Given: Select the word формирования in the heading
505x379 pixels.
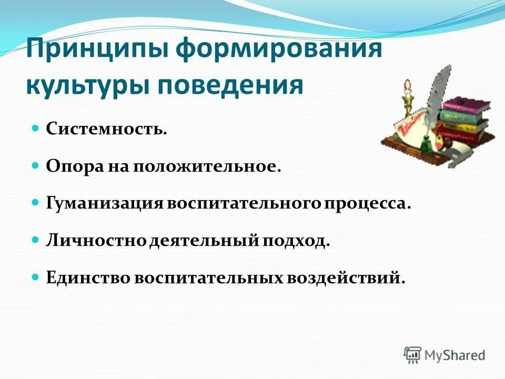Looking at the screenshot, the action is (x=279, y=51).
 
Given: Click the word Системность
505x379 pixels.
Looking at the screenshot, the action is (x=106, y=129).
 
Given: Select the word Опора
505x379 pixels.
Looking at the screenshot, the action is (x=70, y=166).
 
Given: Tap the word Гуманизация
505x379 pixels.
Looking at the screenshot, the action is (x=105, y=203).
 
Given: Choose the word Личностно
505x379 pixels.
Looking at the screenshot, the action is (x=96, y=241).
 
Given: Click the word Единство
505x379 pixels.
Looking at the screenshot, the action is (x=87, y=277).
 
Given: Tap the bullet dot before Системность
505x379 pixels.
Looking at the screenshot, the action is (x=36, y=128).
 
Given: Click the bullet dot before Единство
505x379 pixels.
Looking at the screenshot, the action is (x=36, y=276).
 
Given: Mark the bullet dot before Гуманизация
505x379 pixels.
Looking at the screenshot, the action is (x=36, y=202).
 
